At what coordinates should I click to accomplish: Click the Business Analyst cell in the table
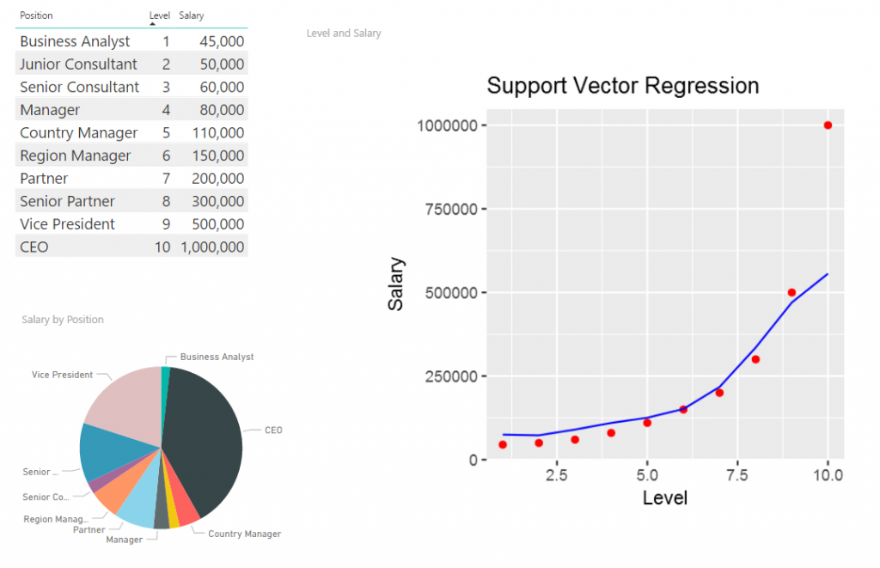75,41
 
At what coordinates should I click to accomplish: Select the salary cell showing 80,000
221,110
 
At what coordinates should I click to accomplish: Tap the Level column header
160,15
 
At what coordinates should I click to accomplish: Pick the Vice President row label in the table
67,224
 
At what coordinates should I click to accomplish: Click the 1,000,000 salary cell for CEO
212,247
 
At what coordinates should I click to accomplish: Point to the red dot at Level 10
828,125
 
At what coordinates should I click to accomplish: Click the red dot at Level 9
791,292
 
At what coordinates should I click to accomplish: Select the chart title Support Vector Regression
622,86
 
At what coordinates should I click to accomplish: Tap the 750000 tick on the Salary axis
451,209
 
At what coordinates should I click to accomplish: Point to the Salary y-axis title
396,284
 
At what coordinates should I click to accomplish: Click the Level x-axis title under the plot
664,498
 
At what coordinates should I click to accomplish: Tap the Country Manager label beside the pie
244,534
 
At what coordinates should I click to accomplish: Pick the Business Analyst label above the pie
217,357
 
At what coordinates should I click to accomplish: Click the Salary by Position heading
63,320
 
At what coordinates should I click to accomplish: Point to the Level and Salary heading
344,34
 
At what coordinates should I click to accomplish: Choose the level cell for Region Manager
166,156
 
